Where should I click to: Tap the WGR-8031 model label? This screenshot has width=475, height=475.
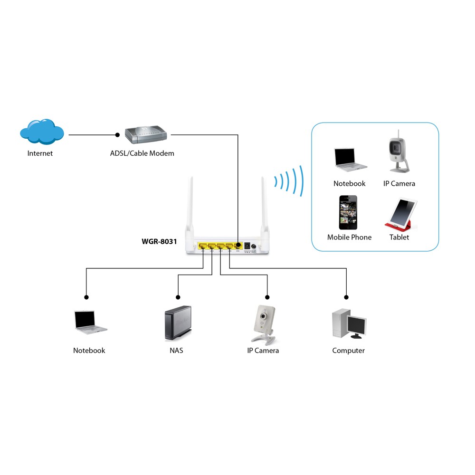point(159,241)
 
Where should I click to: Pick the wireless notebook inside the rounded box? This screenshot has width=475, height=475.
point(350,159)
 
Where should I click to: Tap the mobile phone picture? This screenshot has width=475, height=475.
point(348,212)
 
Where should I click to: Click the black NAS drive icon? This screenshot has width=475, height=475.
point(178,323)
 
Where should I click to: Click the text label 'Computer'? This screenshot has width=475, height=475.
point(348,351)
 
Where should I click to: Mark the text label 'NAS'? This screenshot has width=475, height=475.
point(176,351)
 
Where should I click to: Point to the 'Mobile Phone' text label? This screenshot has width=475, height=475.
point(349,237)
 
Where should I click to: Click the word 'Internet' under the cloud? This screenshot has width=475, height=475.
point(40,153)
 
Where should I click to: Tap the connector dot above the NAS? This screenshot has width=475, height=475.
point(178,297)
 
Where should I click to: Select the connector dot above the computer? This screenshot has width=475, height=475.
point(346,297)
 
